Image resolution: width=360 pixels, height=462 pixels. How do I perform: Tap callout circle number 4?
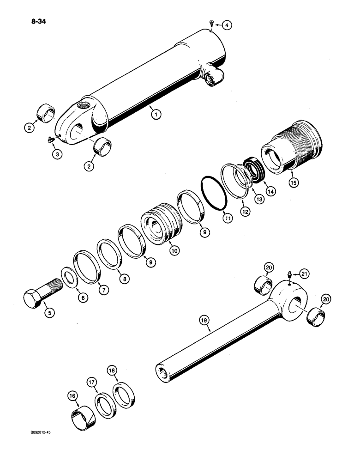[x=226, y=25]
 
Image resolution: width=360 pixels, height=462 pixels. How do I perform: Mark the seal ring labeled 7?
[x=86, y=267]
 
